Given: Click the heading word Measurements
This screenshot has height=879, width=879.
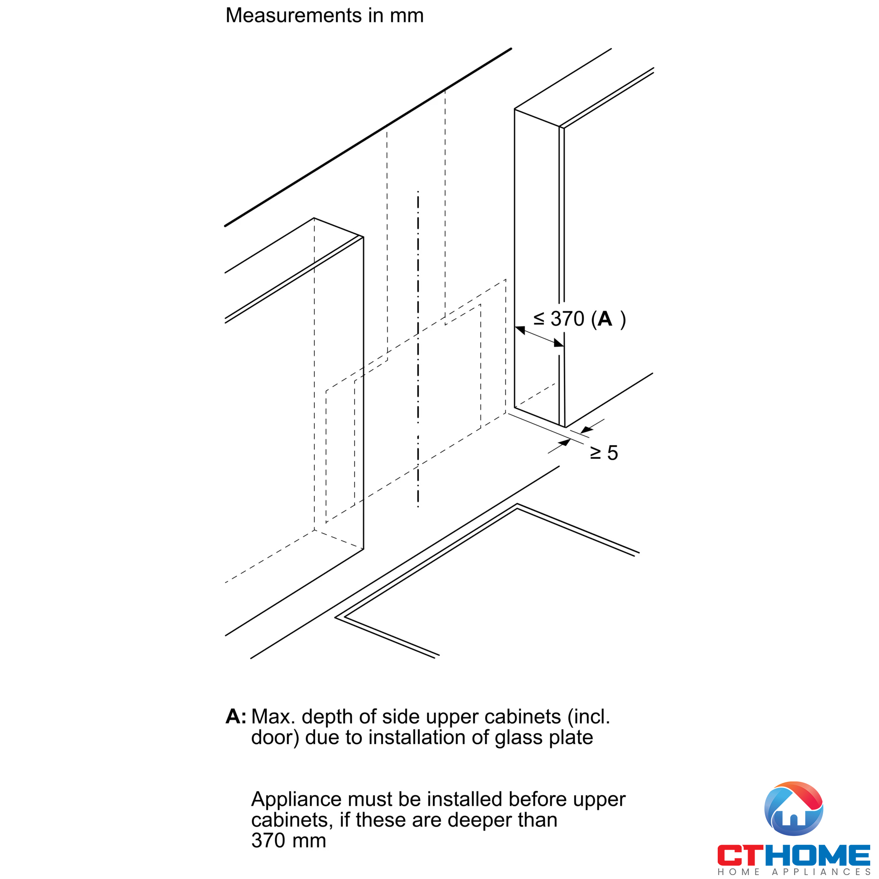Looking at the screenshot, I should (294, 15).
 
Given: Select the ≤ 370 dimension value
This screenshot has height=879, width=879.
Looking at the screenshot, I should (559, 319).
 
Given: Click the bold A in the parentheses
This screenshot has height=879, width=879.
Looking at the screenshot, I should (605, 319).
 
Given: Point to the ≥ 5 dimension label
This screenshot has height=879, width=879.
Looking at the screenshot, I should (604, 453).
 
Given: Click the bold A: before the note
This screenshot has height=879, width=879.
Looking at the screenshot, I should (236, 716).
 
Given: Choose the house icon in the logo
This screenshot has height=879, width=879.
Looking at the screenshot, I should (793, 809).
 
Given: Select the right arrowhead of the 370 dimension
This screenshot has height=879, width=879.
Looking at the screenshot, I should (558, 343).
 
